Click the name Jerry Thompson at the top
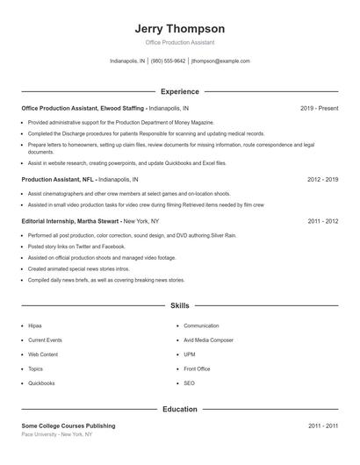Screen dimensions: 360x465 click(180, 28)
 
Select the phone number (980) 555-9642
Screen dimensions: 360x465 click(169, 61)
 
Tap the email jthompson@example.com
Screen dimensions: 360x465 click(220, 61)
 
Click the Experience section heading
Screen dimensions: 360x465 click(180, 91)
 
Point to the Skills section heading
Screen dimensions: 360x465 click(180, 305)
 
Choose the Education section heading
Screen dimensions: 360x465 click(180, 409)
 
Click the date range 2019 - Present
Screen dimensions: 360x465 click(319, 108)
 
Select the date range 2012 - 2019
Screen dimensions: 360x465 click(322, 179)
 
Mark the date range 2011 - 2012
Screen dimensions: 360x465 click(322, 222)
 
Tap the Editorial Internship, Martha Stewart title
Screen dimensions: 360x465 click(71, 222)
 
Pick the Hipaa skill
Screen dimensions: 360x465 click(35, 325)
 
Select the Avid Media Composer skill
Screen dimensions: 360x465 click(208, 340)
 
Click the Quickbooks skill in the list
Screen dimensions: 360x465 click(41, 383)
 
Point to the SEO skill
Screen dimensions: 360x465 click(189, 383)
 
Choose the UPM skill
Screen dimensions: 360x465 click(190, 354)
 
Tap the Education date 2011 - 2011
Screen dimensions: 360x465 click(322, 426)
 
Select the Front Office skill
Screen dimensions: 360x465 click(197, 368)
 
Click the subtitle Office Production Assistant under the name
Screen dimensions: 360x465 click(180, 42)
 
